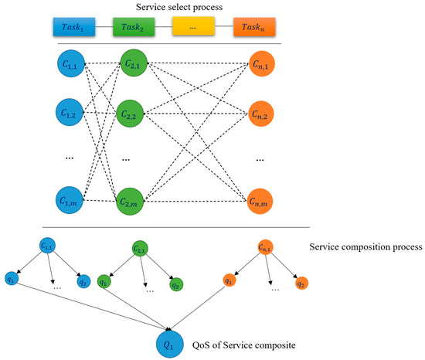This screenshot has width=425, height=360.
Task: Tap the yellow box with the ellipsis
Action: point(193,28)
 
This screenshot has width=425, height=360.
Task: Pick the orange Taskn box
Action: point(253,28)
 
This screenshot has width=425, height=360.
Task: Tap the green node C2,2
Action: point(132,114)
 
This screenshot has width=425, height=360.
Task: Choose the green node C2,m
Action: point(132,202)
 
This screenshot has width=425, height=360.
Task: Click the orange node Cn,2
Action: point(263,114)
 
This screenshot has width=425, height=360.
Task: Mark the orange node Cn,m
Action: point(263,202)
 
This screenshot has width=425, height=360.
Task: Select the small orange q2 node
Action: point(304,282)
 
